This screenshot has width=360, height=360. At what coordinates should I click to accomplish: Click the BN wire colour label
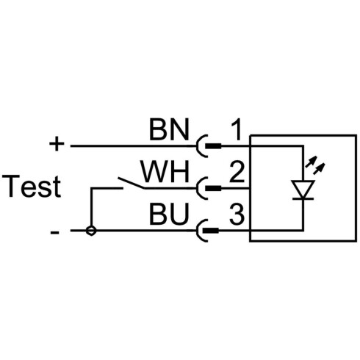tap(169, 129)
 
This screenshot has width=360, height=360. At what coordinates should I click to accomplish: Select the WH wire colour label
tap(165, 172)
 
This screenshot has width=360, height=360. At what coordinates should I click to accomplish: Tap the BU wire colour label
tap(169, 214)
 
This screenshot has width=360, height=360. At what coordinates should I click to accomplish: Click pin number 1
tap(237, 129)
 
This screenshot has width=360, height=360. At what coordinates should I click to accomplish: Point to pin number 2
tap(237, 172)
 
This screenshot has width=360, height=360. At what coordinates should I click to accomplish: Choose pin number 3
tap(237, 215)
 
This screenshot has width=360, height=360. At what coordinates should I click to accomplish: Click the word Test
tap(32, 186)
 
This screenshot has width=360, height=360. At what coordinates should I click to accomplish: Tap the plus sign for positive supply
tap(57, 143)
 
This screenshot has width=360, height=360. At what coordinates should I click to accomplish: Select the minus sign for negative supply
tap(54, 232)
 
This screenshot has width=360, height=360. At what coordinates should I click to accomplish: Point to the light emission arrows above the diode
tap(315, 165)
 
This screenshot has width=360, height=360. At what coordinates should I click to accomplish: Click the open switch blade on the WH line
tap(132, 183)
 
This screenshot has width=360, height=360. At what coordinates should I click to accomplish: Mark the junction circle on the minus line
tap(91, 231)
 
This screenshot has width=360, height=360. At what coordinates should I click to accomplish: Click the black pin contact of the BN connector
tap(213, 146)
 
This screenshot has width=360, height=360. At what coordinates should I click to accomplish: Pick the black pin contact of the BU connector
tap(212, 231)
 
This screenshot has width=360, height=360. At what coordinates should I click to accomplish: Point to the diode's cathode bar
tap(303, 199)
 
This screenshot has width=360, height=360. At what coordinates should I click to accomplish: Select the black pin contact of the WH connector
tap(213, 188)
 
